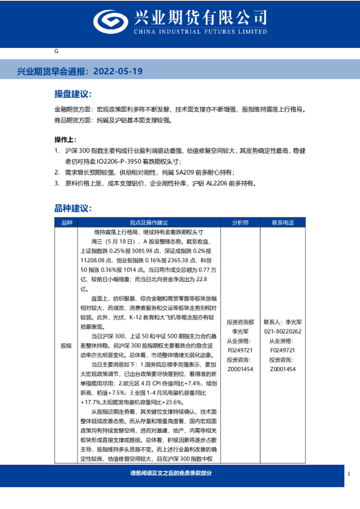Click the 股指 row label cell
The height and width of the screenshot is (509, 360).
coord(66,346)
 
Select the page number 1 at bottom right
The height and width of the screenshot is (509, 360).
coord(349,473)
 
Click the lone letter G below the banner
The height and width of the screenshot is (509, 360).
coord(56,52)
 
